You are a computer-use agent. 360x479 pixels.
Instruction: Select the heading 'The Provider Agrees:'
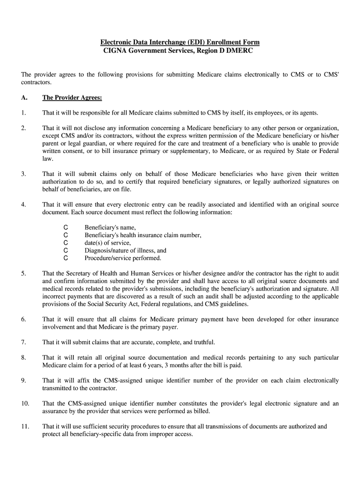(x=72, y=98)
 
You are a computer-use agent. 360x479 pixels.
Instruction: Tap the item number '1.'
(x=23, y=113)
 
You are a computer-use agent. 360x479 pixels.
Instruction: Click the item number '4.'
(x=23, y=204)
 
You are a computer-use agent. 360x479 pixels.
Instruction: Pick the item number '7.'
(x=23, y=342)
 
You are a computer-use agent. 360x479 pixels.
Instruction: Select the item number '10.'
(x=25, y=403)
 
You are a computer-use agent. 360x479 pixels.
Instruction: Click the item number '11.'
(x=25, y=426)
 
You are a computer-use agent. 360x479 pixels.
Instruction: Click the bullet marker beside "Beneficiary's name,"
(x=65, y=227)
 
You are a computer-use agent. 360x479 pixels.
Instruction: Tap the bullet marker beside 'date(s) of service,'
(x=65, y=243)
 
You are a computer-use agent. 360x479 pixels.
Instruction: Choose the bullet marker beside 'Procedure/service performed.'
(x=65, y=258)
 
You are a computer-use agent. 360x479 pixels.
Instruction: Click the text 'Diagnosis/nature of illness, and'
(x=125, y=250)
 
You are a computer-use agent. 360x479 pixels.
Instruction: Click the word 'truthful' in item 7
(x=204, y=342)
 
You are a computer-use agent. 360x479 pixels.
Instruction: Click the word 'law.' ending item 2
(x=48, y=159)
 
